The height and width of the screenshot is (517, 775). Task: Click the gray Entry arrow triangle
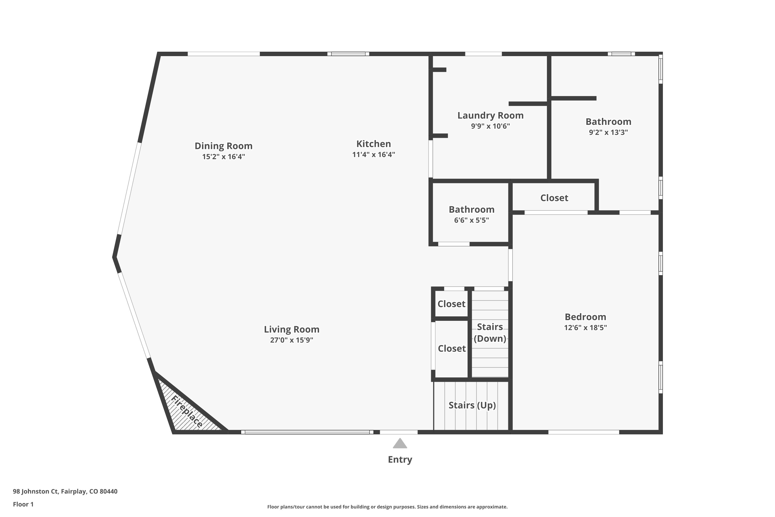tap(400, 444)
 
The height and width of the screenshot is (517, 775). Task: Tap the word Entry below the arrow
tap(400, 460)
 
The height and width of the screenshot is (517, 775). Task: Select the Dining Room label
tap(223, 146)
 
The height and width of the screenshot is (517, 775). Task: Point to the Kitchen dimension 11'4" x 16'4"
tap(373, 154)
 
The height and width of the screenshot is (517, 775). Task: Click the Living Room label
tap(292, 329)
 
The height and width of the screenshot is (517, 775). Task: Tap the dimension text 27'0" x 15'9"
tap(292, 340)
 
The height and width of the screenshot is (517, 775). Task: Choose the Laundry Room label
tap(490, 115)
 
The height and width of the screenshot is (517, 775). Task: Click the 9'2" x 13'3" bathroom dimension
tap(608, 132)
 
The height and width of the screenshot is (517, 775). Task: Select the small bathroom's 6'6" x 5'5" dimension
tap(471, 220)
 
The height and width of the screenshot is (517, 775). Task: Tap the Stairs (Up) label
tap(472, 405)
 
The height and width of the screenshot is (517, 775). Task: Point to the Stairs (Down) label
tap(490, 333)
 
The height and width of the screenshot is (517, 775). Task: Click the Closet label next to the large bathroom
tap(554, 198)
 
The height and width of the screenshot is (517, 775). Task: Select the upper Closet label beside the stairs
tap(451, 304)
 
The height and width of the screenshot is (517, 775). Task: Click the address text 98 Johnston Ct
tap(36, 491)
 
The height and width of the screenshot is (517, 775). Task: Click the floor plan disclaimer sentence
tap(387, 507)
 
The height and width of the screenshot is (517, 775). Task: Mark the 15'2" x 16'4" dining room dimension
tap(223, 156)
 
